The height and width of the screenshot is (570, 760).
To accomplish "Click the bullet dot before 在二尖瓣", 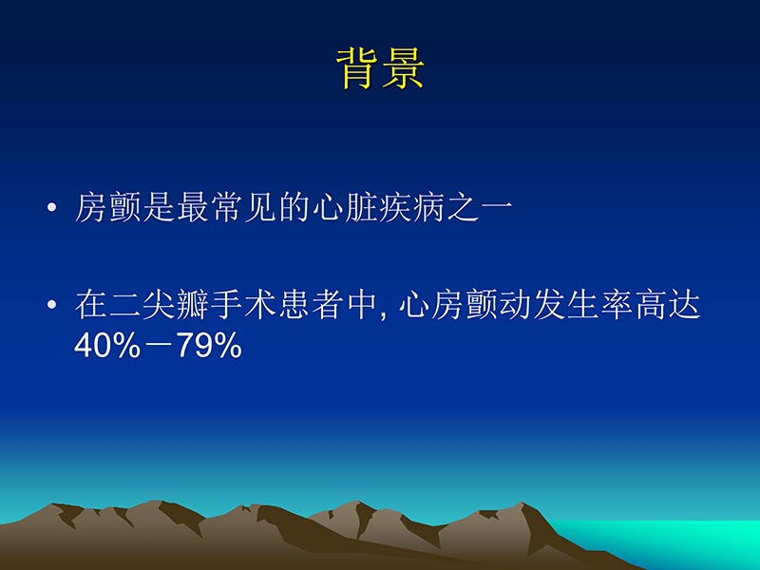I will tap(54, 307).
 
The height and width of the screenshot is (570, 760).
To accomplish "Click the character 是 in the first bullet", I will tap(158, 209).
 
